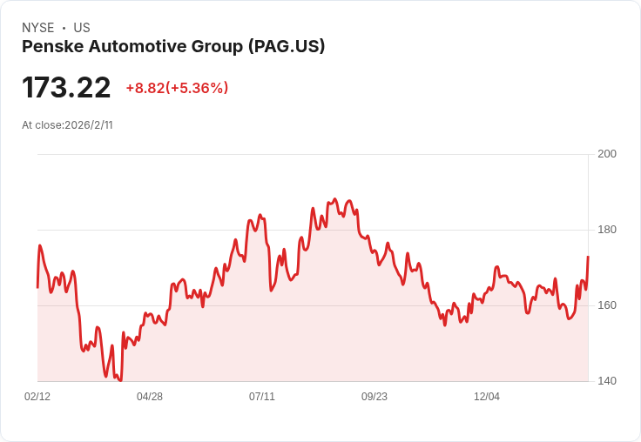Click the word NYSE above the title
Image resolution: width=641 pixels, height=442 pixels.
[x=38, y=28]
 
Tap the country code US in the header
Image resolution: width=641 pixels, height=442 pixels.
[x=82, y=28]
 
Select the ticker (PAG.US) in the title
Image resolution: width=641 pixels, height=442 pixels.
[x=287, y=47]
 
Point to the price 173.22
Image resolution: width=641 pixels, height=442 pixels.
[x=66, y=87]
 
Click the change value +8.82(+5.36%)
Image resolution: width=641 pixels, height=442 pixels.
[x=177, y=88]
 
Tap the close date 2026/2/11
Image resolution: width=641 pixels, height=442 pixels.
[x=89, y=125]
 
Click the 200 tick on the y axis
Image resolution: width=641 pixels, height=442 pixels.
[x=607, y=154]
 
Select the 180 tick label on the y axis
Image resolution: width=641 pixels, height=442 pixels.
[x=607, y=230]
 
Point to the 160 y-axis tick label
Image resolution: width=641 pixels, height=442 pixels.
[x=607, y=305]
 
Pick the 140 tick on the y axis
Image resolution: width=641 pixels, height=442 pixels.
[x=607, y=381]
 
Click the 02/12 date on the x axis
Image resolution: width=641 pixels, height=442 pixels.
[x=37, y=396]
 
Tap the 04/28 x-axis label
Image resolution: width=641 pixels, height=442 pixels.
[x=150, y=396]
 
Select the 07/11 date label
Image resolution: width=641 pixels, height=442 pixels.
[x=262, y=396]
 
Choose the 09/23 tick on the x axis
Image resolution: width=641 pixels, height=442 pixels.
[x=374, y=396]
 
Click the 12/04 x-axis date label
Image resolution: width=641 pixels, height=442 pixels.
[x=487, y=396]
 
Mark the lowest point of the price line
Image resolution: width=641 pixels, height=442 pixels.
[x=120, y=381]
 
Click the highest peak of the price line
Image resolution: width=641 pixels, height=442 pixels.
[x=335, y=199]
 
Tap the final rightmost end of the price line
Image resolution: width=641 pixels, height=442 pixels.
[x=588, y=257]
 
